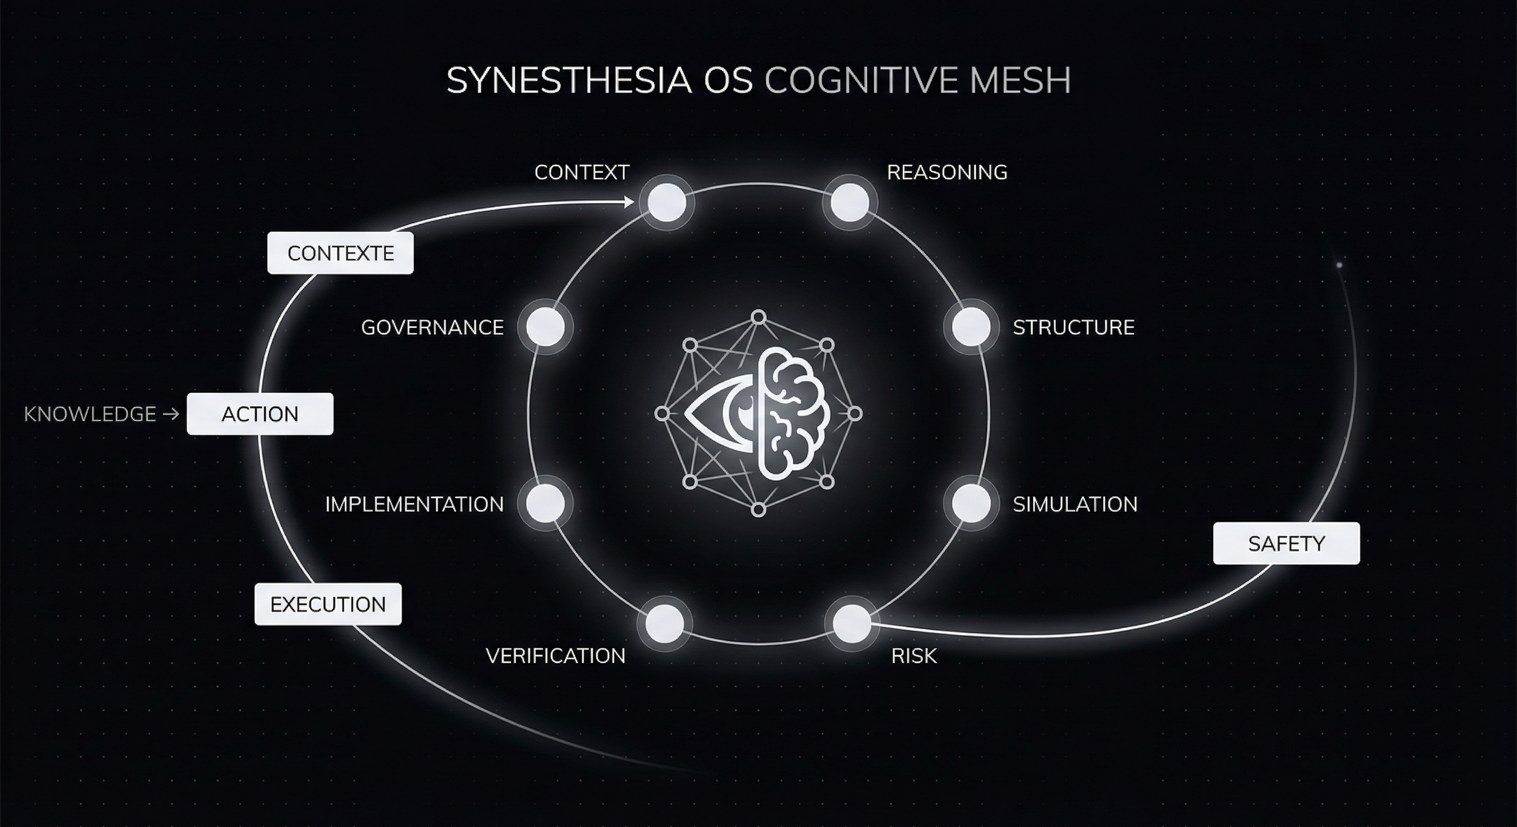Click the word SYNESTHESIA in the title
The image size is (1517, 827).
[569, 81]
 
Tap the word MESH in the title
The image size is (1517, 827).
[1020, 81]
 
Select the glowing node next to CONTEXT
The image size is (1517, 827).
[666, 202]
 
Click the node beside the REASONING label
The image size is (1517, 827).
[849, 202]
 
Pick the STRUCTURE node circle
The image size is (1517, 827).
[971, 327]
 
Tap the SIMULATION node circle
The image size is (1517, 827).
[971, 504]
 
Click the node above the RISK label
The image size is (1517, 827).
[852, 623]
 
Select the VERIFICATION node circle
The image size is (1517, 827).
[665, 623]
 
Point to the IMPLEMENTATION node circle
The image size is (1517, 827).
[545, 504]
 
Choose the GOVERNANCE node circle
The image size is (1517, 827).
[545, 327]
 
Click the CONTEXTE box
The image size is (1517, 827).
[340, 253]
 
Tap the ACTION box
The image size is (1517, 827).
[260, 414]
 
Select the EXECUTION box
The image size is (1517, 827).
[328, 604]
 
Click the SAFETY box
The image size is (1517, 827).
[1286, 543]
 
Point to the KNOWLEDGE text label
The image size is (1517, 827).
[89, 415]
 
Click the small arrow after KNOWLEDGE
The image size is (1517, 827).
[171, 415]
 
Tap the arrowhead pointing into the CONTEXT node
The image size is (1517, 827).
[629, 202]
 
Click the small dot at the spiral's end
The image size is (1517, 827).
[1339, 265]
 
